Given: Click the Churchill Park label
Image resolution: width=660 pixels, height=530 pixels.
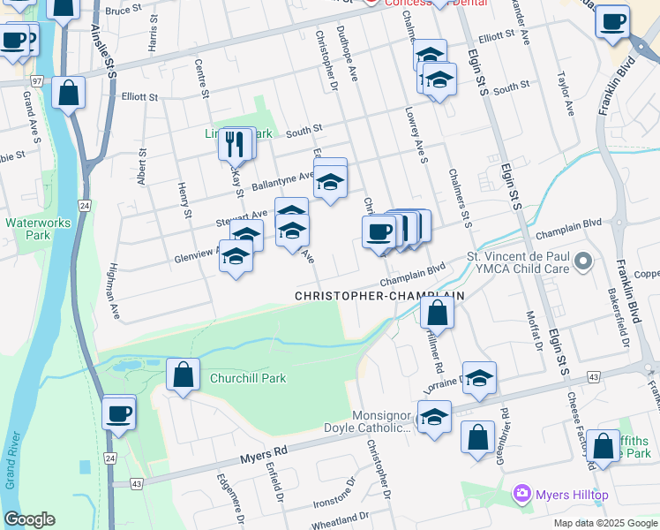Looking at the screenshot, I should coord(248,378).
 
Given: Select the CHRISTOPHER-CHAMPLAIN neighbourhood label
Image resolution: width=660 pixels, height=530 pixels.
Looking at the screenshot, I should coord(379,296).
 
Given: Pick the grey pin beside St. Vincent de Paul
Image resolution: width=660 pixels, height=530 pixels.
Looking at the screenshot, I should coord(582,261).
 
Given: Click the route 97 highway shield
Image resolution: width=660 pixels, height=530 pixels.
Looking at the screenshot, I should coord(35,80).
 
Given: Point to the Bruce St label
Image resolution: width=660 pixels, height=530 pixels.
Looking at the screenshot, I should coord(123,9).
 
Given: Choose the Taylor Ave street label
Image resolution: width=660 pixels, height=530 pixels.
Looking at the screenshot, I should coord(565,95).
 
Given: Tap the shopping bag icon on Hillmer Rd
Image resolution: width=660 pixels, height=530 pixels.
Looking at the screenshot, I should coord(437,312).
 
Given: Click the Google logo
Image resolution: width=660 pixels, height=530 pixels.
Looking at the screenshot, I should coord(29,519).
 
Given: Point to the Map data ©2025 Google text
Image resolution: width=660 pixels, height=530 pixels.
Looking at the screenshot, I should coord(604,523).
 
